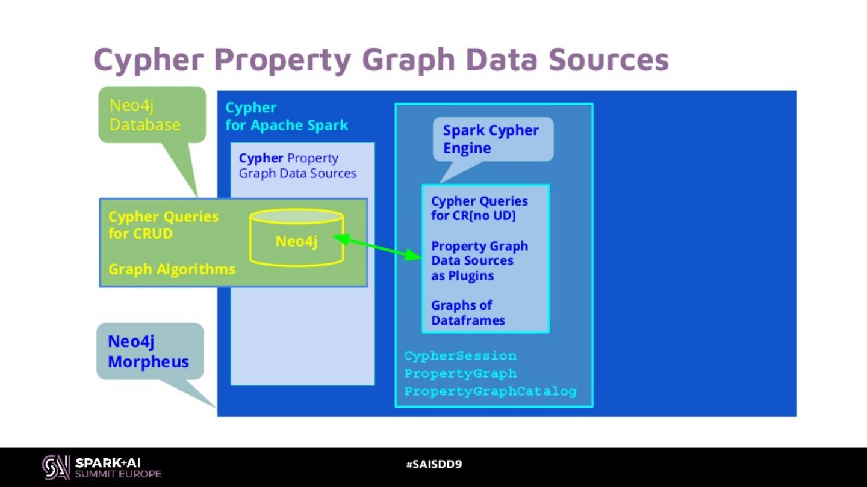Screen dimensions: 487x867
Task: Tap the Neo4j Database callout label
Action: [144, 115]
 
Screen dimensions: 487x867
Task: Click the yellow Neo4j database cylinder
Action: [296, 237]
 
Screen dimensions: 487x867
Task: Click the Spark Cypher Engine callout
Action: [491, 139]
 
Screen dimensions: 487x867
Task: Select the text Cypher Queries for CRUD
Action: [163, 225]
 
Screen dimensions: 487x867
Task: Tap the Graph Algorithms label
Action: [172, 269]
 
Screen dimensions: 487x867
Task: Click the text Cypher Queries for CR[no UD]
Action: [479, 208]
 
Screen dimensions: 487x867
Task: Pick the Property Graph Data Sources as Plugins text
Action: [479, 260]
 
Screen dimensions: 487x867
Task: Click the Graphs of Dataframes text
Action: [468, 313]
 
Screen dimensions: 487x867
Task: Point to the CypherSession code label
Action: [460, 355]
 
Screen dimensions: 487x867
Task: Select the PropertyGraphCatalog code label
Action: [490, 391]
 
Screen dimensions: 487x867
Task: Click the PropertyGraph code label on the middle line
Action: [460, 373]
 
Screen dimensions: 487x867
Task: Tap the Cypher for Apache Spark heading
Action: [287, 117]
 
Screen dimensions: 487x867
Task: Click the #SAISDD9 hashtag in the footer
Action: [433, 464]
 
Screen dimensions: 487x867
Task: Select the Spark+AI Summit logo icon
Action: [56, 467]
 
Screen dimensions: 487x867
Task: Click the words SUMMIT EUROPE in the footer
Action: [118, 474]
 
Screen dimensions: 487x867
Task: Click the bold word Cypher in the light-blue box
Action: [261, 158]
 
